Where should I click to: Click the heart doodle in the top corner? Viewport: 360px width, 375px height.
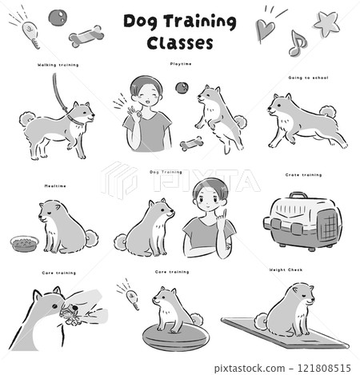[x=265, y=30]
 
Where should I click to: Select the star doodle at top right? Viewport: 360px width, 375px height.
[x=326, y=24]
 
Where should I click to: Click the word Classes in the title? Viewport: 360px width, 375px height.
[x=180, y=43]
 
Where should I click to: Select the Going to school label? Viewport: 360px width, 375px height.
[x=308, y=78]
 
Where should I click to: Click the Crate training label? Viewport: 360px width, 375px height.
[x=303, y=174]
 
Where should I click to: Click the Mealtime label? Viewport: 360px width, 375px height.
[x=56, y=187]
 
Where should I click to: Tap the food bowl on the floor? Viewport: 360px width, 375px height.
[x=24, y=242]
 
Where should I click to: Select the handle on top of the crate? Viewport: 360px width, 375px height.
[x=298, y=195]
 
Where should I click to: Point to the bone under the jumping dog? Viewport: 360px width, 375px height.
[x=190, y=145]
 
